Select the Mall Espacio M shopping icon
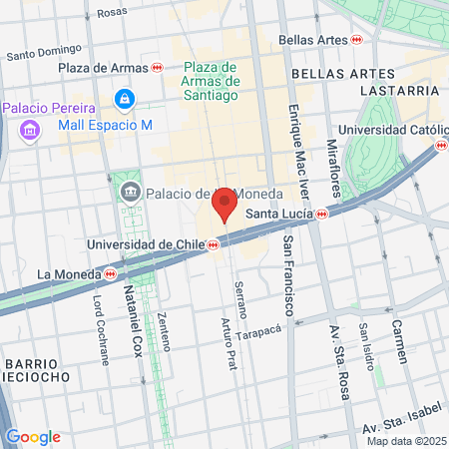(x=124, y=99)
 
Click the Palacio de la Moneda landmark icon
(x=130, y=193)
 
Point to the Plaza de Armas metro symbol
(x=158, y=68)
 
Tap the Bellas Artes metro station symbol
(x=356, y=39)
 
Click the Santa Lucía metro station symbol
(x=322, y=214)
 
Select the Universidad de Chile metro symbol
(x=214, y=244)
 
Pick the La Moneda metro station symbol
(x=110, y=273)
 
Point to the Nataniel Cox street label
(x=131, y=320)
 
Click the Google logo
(x=33, y=437)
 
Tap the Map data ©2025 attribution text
(x=406, y=441)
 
